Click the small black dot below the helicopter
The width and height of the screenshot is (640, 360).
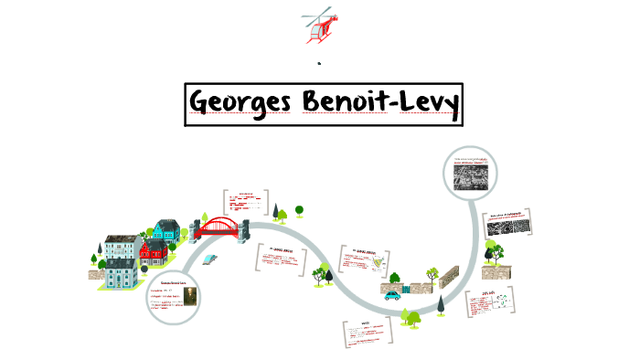pyautogui.click(x=319, y=64)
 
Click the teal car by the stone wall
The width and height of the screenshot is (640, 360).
pyautogui.click(x=393, y=294)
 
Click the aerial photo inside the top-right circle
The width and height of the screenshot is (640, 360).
pyautogui.click(x=470, y=175)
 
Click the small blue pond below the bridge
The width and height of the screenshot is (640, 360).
pyautogui.click(x=209, y=259)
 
